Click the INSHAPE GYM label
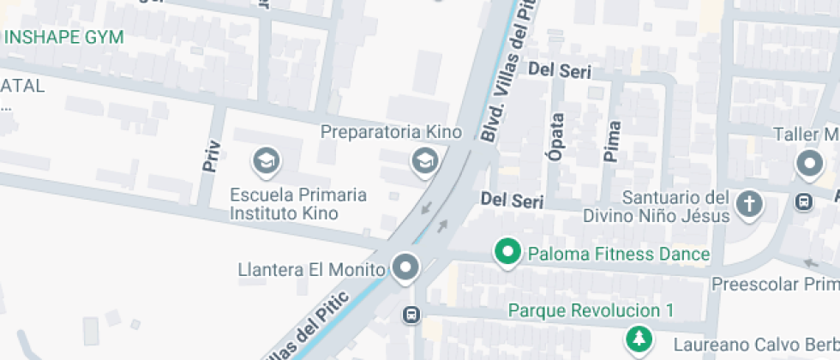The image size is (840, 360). (x=64, y=37)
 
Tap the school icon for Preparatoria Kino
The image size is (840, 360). (x=423, y=159)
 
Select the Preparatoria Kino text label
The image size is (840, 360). (x=391, y=132)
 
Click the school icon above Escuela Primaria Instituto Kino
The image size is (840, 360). (x=266, y=159)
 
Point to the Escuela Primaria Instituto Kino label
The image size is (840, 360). (x=298, y=204)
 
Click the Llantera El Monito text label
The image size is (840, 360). (x=311, y=270)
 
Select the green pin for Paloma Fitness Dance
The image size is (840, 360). (x=508, y=252)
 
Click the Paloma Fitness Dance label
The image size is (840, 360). (x=619, y=255)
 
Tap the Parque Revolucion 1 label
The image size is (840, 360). (x=591, y=309)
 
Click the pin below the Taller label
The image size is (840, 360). (x=808, y=162)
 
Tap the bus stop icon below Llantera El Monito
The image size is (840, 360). (x=411, y=315)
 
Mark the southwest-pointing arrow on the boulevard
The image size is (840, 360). (x=426, y=207)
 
